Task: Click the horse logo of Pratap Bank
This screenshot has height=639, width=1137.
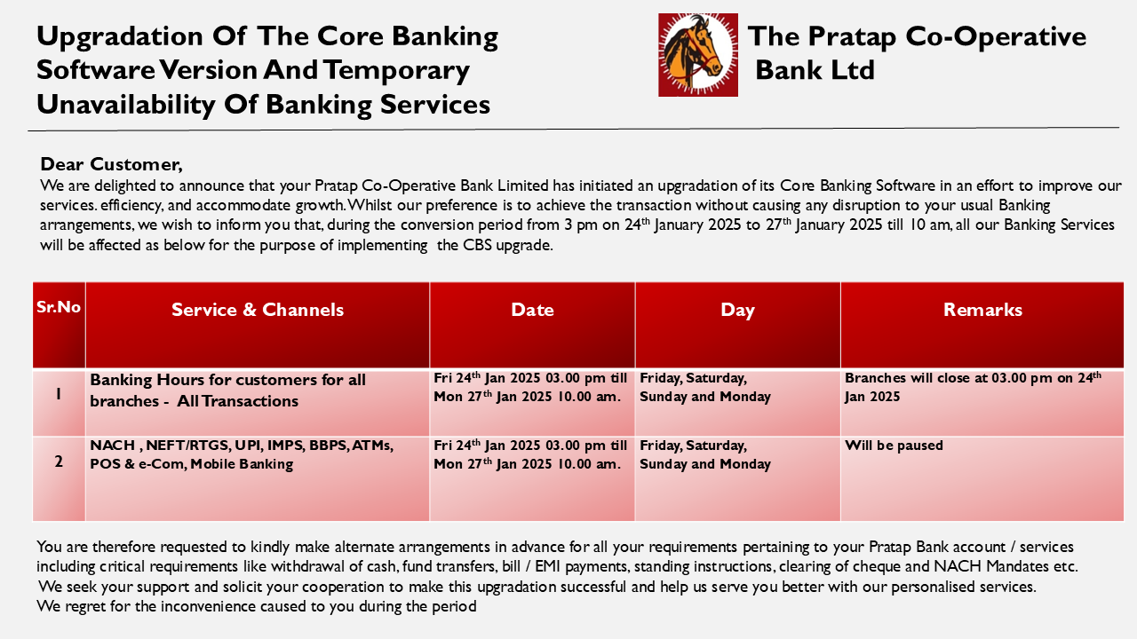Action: click(698, 55)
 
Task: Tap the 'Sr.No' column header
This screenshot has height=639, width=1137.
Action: click(59, 307)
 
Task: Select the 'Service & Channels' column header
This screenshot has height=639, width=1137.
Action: click(258, 310)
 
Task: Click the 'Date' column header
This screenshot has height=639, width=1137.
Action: click(532, 310)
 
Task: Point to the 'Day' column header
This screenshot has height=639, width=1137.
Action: click(737, 311)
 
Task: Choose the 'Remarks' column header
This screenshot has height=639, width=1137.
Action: click(982, 310)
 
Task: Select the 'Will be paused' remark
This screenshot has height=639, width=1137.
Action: click(894, 446)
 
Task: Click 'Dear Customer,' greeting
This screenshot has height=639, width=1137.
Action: click(111, 164)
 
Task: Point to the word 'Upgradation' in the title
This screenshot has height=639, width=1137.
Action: click(120, 37)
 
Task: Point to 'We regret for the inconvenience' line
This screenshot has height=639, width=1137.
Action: click(257, 606)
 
